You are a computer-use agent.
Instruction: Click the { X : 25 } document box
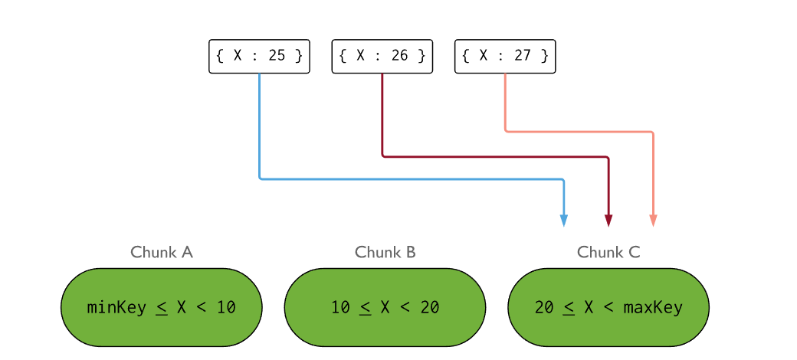pyautogui.click(x=259, y=56)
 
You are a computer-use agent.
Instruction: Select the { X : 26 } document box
pyautogui.click(x=382, y=56)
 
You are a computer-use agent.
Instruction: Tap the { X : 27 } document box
pyautogui.click(x=505, y=56)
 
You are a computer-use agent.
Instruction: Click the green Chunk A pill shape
pyautogui.click(x=161, y=306)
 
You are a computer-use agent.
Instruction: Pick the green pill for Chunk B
pyautogui.click(x=385, y=306)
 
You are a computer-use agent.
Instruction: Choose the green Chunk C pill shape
pyautogui.click(x=608, y=306)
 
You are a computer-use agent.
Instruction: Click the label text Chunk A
pyautogui.click(x=161, y=252)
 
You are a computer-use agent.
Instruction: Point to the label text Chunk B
pyautogui.click(x=385, y=252)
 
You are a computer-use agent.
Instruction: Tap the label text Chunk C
pyautogui.click(x=608, y=252)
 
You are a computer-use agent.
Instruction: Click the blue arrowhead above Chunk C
pyautogui.click(x=564, y=221)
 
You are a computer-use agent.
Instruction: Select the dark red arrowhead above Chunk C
pyautogui.click(x=608, y=221)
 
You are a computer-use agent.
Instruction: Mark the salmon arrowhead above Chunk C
pyautogui.click(x=653, y=221)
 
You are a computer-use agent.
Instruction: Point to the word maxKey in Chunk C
pyautogui.click(x=653, y=308)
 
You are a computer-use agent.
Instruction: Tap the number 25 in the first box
pyautogui.click(x=277, y=56)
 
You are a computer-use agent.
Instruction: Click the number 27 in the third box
pyautogui.click(x=523, y=56)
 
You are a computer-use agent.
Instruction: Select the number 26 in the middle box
pyautogui.click(x=399, y=56)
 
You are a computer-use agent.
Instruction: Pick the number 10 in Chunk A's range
pyautogui.click(x=225, y=308)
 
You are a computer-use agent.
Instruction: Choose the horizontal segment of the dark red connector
pyautogui.click(x=495, y=157)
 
